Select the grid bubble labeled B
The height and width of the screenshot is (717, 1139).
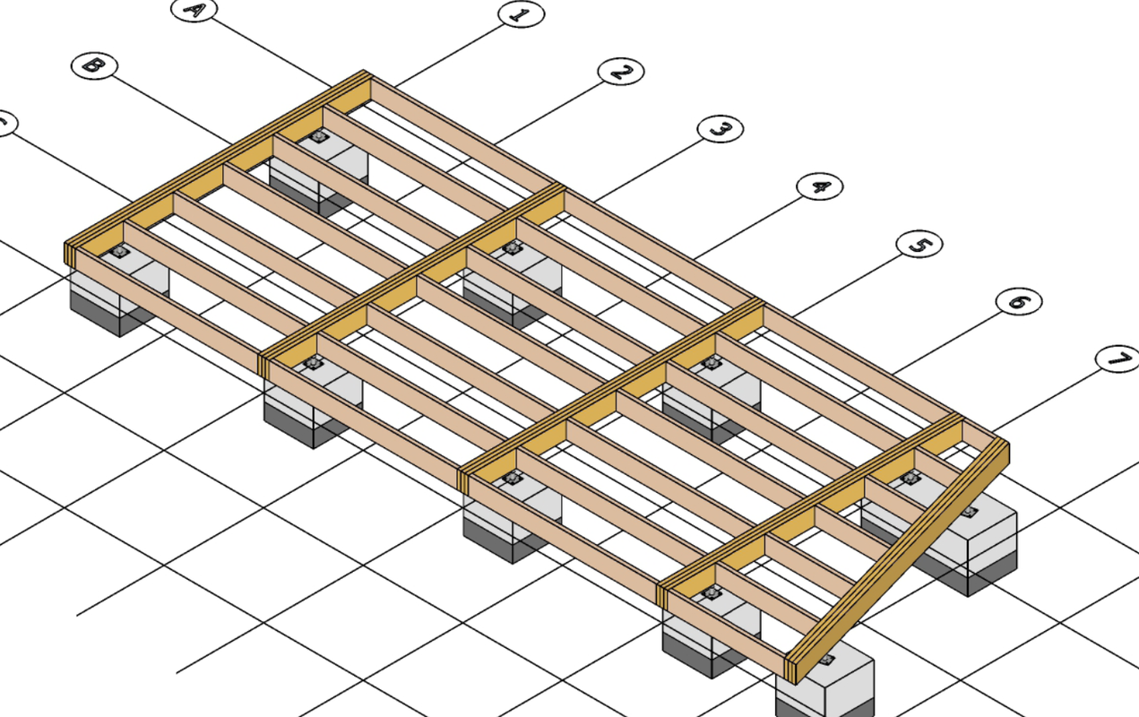(91, 65)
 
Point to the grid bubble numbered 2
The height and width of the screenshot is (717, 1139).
(620, 72)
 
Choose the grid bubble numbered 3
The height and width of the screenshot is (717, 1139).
(720, 129)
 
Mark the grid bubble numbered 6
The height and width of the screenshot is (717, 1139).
(1019, 302)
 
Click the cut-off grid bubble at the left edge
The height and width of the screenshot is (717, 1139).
(4, 124)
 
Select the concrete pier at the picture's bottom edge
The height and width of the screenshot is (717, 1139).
(824, 686)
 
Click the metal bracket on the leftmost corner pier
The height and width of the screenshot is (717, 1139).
(120, 253)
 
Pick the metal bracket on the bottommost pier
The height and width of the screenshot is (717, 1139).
(825, 660)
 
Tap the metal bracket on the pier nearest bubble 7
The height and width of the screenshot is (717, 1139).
(971, 513)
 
